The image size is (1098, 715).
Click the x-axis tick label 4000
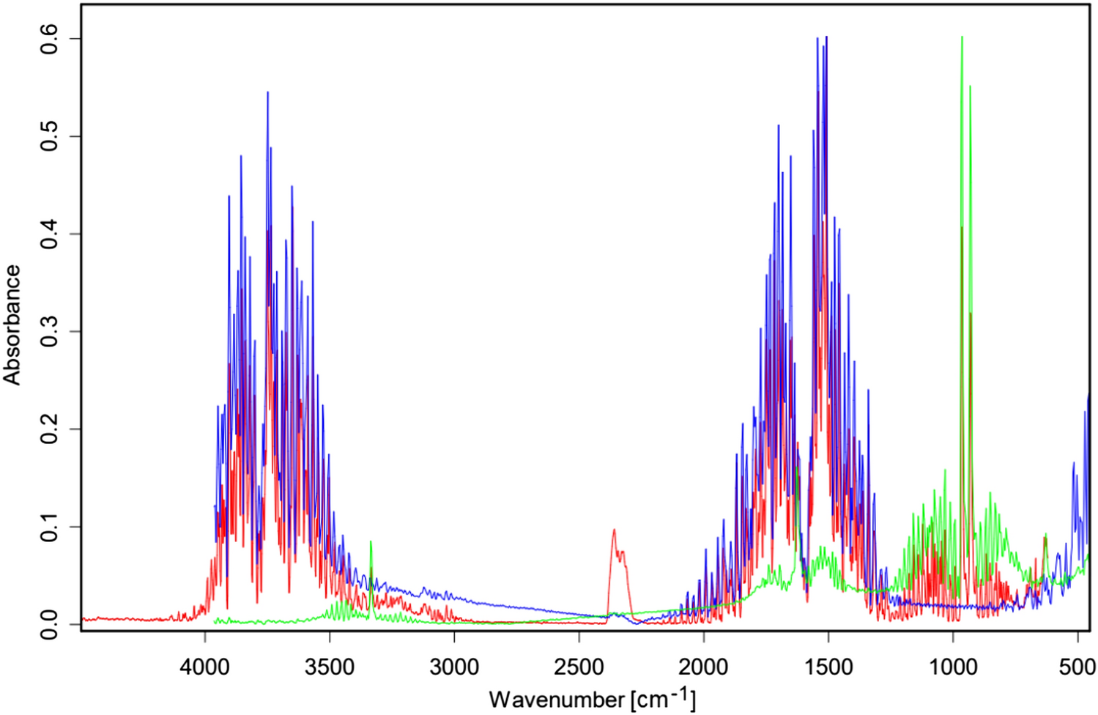[205, 667]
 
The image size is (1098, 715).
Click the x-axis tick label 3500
[330, 667]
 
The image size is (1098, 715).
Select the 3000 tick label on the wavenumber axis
[454, 667]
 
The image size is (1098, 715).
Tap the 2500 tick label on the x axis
[579, 667]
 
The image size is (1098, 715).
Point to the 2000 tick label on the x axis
[704, 667]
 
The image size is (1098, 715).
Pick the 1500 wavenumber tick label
[828, 667]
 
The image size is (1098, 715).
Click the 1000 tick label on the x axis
[953, 667]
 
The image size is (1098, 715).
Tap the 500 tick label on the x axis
[1077, 667]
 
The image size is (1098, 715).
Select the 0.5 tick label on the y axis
[49, 136]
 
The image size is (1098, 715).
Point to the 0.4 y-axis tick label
[49, 234]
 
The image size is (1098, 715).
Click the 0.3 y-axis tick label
[49, 331]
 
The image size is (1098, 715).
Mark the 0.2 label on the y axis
[49, 429]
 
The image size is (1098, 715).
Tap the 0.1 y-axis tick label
[49, 527]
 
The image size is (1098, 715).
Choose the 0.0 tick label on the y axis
[49, 624]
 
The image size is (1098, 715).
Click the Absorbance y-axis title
[12, 325]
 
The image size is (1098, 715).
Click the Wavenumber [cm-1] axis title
[592, 698]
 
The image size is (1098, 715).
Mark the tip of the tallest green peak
[962, 37]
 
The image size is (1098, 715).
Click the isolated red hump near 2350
[615, 530]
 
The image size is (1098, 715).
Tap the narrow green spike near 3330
[371, 542]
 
